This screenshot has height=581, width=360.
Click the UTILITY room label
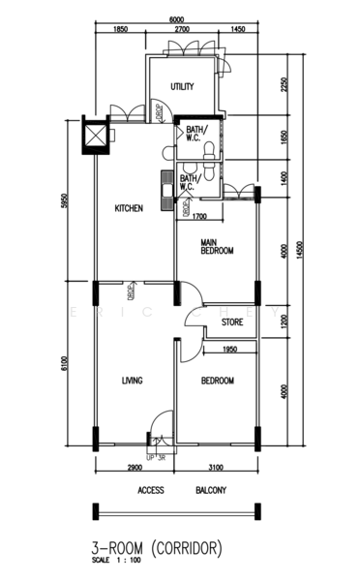pos(182,87)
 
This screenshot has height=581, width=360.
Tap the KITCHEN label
pos(130,208)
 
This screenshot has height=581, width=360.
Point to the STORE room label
pos(231,322)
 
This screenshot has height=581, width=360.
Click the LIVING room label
pos(133,381)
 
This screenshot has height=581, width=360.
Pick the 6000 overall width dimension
pos(175,19)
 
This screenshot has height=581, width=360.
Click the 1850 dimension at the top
pos(121,31)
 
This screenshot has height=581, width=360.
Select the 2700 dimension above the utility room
pos(182,31)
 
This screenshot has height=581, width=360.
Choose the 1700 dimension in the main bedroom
pos(200,216)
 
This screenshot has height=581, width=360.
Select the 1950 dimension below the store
pos(230,350)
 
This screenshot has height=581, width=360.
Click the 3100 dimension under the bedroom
pos(215,468)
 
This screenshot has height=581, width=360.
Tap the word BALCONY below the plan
pos(211,491)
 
